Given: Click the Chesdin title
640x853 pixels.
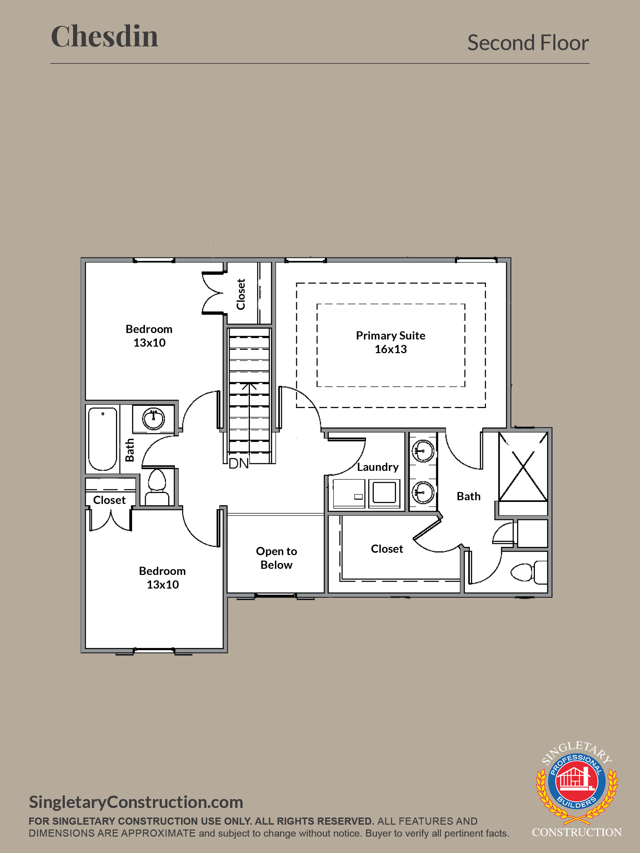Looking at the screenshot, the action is [104, 36].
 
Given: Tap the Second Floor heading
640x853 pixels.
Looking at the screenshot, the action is [528, 42].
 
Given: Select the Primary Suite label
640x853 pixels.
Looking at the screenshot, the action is [390, 335].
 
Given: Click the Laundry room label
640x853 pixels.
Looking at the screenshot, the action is [378, 467].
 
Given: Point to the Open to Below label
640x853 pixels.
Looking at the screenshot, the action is [276, 558].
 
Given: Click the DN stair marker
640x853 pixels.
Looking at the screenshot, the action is [238, 463].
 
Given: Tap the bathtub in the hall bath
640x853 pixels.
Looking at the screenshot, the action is [103, 439].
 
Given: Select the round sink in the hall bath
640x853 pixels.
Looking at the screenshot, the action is [154, 419].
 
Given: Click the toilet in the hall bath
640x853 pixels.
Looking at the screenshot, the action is [157, 487].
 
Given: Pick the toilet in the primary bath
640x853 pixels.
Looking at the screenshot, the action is [528, 572].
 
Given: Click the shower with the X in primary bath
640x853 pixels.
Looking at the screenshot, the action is [523, 467].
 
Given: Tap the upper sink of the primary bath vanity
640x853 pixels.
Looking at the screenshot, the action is [423, 450].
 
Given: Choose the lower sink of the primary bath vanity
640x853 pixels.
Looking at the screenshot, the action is [423, 492].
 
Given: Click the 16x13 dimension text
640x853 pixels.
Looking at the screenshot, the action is [390, 349].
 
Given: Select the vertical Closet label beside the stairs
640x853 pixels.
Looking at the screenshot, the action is [241, 294].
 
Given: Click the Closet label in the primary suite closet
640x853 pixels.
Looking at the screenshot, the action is [387, 549].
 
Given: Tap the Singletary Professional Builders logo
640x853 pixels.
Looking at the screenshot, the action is [577, 788].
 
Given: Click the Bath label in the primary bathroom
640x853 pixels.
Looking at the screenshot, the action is [468, 496].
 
